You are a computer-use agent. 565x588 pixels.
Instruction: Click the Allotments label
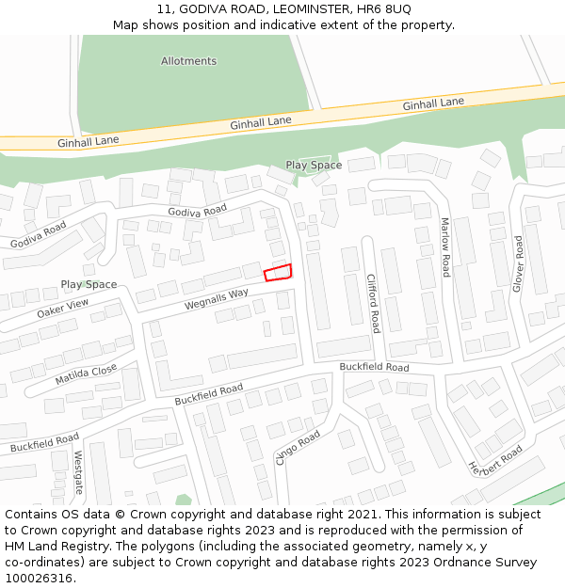(188, 61)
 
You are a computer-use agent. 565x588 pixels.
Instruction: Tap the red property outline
(277, 273)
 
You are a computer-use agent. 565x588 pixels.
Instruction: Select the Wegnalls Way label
(217, 299)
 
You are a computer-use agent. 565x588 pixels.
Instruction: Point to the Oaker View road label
(62, 309)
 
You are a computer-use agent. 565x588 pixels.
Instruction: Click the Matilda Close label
(86, 374)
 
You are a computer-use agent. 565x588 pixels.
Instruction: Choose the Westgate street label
(79, 472)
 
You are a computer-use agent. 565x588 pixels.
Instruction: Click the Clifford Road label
(372, 303)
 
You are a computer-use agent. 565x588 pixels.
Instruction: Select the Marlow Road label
(445, 246)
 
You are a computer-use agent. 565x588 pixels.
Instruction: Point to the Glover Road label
(517, 263)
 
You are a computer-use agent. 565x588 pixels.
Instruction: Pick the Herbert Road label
(495, 459)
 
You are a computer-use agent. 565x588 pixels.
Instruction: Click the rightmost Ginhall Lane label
(433, 103)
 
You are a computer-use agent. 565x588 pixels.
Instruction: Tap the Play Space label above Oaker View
(89, 284)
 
